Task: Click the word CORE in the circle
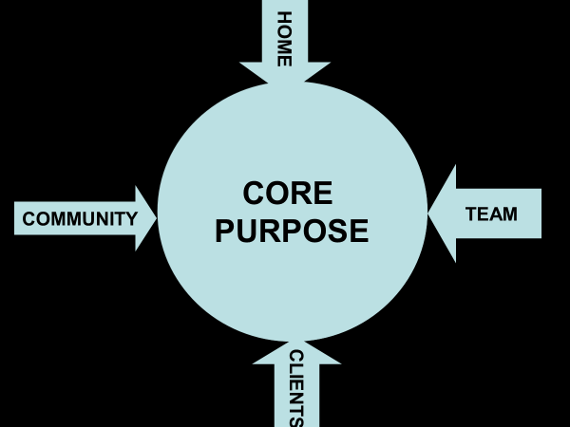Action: pyautogui.click(x=288, y=194)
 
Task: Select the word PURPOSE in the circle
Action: pyautogui.click(x=292, y=231)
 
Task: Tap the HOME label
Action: pyautogui.click(x=284, y=38)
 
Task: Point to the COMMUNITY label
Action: pyautogui.click(x=80, y=219)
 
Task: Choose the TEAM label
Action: pyautogui.click(x=492, y=214)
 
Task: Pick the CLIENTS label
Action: pyautogui.click(x=295, y=388)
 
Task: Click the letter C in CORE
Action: pyautogui.click(x=254, y=194)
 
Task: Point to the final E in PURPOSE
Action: pyautogui.click(x=358, y=231)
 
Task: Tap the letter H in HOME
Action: pyautogui.click(x=284, y=18)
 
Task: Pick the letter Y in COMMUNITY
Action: pyautogui.click(x=132, y=219)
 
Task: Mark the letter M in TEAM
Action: pyautogui.click(x=510, y=214)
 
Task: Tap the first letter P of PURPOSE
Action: pyautogui.click(x=225, y=231)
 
